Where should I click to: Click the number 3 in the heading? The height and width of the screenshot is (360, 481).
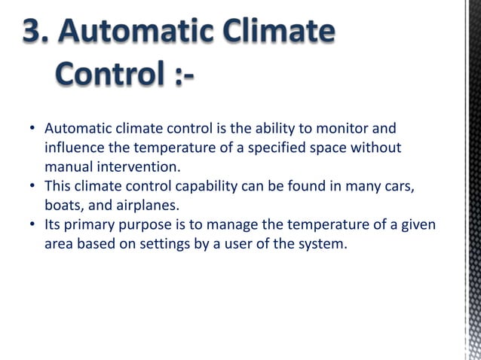(33, 33)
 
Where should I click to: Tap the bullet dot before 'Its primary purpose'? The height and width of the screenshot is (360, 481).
(33, 225)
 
